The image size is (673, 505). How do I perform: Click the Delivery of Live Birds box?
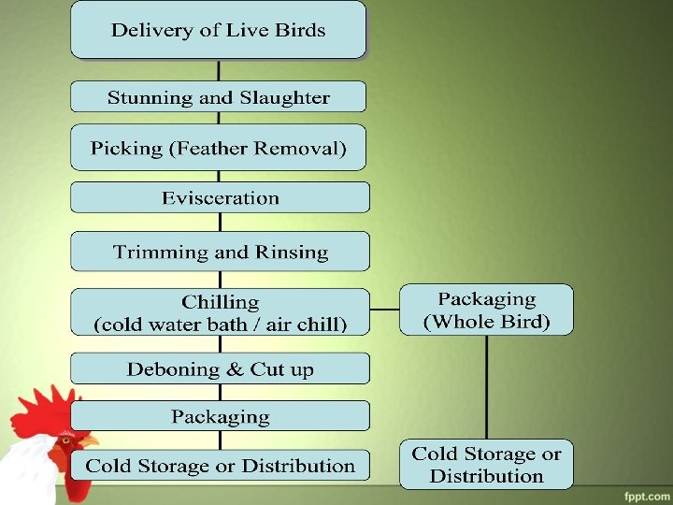(x=219, y=30)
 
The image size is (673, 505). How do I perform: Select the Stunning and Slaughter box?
(x=219, y=97)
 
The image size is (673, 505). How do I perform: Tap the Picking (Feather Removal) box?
(x=219, y=148)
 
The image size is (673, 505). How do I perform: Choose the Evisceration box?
(x=220, y=197)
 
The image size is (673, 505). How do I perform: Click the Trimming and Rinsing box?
(x=221, y=252)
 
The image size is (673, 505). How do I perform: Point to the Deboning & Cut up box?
(x=221, y=369)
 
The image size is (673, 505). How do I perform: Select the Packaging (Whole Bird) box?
(x=486, y=310)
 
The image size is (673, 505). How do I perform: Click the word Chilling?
(x=221, y=302)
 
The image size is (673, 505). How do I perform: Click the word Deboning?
(x=170, y=369)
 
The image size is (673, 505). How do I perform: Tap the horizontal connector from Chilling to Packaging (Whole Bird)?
(x=385, y=309)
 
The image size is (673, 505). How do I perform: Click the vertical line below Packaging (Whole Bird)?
(x=486, y=387)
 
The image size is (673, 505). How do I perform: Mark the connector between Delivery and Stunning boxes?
(x=219, y=71)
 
